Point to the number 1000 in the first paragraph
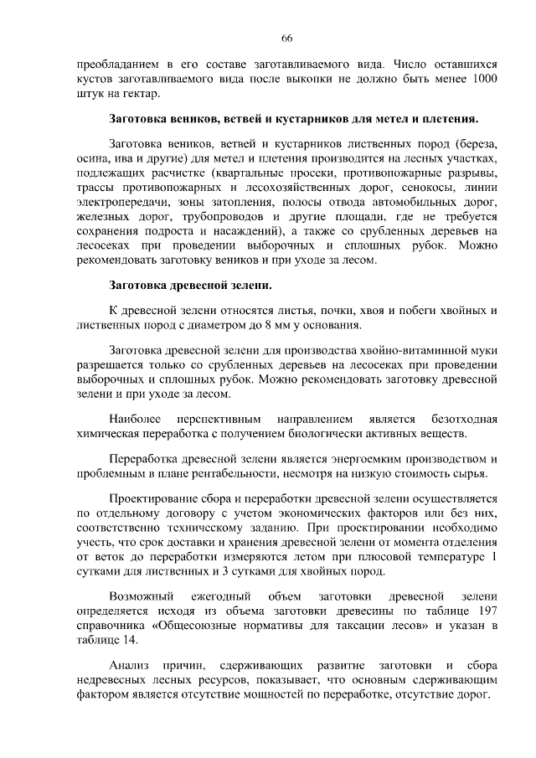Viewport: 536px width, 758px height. click(x=480, y=79)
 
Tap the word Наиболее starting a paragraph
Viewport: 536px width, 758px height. click(x=136, y=418)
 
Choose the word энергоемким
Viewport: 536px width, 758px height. click(x=346, y=458)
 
